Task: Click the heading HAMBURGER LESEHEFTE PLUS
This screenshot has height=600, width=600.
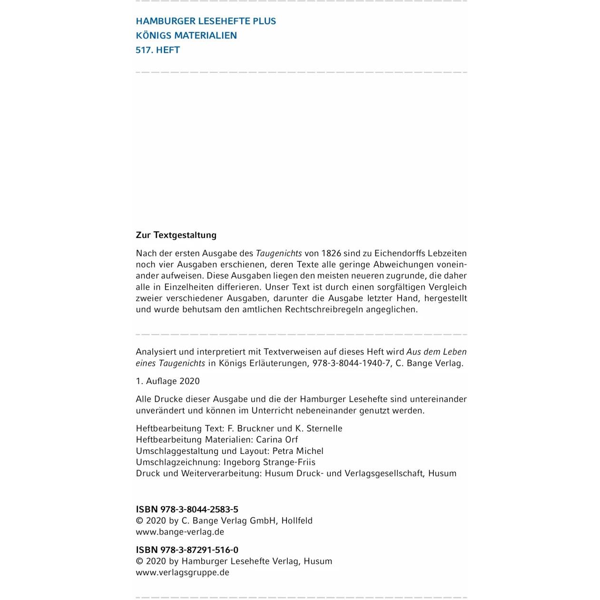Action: coord(206,21)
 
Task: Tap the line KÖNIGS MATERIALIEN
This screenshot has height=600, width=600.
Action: coord(186,35)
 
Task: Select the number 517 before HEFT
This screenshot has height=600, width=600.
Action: coord(144,50)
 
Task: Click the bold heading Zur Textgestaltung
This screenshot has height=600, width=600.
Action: coord(176,235)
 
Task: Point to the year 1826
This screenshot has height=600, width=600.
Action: coord(332,253)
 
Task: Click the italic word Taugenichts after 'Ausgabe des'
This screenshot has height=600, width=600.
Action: coord(279,253)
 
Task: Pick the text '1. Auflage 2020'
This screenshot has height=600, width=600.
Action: coord(167,381)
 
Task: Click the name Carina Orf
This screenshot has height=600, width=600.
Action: coord(277,440)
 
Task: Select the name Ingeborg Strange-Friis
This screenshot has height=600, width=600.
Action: coord(269,462)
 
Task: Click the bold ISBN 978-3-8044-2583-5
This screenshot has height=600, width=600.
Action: coord(187,509)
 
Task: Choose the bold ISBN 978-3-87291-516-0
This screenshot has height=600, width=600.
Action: coord(187,550)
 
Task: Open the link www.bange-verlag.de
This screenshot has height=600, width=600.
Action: coord(180,532)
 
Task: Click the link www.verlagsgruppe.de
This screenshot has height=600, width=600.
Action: coord(182,572)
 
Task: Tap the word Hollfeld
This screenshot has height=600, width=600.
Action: coord(297,521)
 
